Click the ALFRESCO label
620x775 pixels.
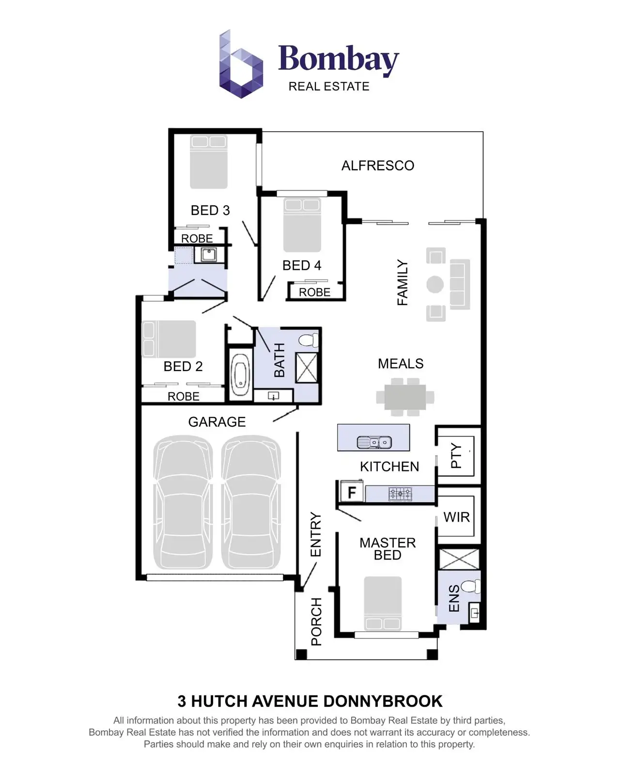click(x=378, y=166)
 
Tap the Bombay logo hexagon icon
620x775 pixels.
click(x=241, y=64)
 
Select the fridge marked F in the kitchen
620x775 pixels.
click(x=351, y=493)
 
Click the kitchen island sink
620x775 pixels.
click(x=374, y=442)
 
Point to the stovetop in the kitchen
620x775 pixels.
click(x=400, y=494)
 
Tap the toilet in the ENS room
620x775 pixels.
click(x=469, y=587)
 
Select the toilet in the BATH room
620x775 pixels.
click(x=308, y=340)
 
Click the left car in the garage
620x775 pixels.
click(x=183, y=502)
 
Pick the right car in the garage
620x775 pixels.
click(x=251, y=502)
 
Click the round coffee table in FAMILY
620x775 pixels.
click(x=435, y=284)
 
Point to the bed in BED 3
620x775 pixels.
click(x=209, y=162)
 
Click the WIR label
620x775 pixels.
click(x=456, y=517)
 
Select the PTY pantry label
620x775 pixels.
click(x=456, y=456)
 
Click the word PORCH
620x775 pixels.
click(x=316, y=621)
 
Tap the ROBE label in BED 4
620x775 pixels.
click(x=314, y=292)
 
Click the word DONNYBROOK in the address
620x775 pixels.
click(x=383, y=701)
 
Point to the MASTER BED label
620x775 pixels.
click(x=387, y=549)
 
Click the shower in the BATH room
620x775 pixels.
click(x=307, y=368)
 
